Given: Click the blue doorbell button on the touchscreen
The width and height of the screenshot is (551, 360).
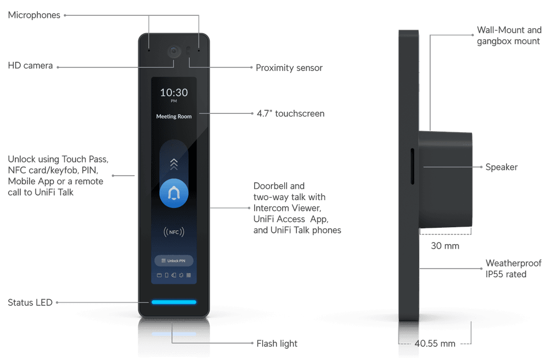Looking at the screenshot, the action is (174, 194).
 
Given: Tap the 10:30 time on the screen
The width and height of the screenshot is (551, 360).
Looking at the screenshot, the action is (174, 92).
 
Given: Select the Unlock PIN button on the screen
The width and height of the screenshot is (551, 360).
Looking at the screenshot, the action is (174, 261).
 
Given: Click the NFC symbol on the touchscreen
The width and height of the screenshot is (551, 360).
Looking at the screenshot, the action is (174, 232).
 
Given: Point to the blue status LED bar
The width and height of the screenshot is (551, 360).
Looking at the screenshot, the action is (174, 302).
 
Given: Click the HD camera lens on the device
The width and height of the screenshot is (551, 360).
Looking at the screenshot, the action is (173, 52).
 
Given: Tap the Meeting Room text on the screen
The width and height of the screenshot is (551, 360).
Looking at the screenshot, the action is (174, 116).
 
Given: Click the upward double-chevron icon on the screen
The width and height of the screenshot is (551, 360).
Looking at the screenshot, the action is (174, 164).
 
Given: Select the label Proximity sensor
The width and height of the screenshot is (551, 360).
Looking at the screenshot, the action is (289, 68).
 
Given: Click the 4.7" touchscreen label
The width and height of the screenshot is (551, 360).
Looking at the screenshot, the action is (291, 113).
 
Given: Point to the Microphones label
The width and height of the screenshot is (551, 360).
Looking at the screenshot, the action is (34, 15).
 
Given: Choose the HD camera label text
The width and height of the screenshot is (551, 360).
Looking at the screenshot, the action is (30, 66).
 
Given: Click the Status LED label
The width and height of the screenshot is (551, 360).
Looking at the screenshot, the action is (30, 303).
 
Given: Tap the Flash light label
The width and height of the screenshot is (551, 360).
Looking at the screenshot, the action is (277, 344).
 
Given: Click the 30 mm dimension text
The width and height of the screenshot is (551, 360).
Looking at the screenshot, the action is (445, 246).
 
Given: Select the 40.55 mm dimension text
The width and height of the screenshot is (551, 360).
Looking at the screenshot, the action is (435, 344).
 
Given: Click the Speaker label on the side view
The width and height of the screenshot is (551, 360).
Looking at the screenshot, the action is (502, 167).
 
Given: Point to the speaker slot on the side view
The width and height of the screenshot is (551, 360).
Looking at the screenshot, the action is (412, 166).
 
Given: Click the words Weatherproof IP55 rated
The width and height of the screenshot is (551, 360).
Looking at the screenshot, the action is (513, 269).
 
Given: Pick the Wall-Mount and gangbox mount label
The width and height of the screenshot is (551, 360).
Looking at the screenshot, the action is (509, 36).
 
